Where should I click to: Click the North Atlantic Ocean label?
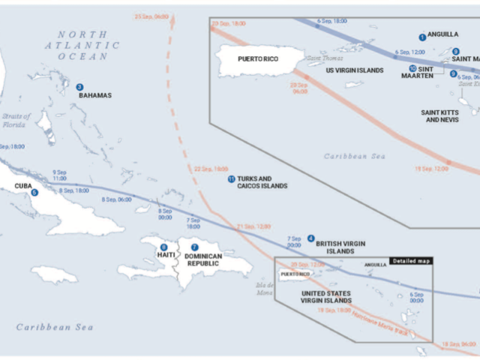(88, 45)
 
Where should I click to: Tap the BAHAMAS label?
(94, 95)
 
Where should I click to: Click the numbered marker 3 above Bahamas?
(79, 87)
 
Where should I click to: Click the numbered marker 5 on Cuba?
(34, 193)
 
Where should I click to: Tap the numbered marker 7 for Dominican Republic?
(194, 247)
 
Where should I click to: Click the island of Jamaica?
(54, 274)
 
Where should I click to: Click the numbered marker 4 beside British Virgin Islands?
(311, 238)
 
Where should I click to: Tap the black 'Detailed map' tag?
(410, 261)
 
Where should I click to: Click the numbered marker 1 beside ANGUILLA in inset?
(422, 36)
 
